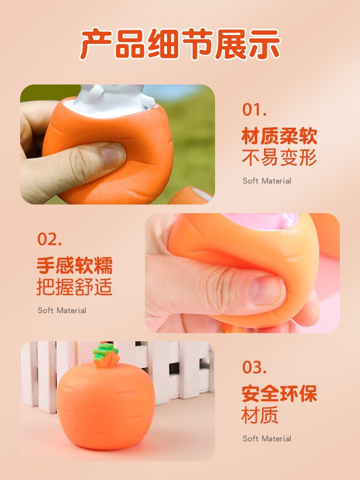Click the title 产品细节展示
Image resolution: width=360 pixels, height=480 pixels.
point(180,44)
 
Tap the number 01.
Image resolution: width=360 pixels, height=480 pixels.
point(254,110)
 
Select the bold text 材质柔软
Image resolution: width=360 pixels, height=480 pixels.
point(279,136)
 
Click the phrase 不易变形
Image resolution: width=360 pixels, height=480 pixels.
point(279,158)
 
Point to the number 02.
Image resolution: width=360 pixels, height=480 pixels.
point(49,239)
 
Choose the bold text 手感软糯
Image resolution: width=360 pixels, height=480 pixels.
point(75,265)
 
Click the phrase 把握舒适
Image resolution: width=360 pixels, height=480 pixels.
point(74,287)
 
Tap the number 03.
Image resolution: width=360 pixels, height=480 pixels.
point(254,367)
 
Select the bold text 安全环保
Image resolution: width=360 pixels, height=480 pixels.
point(279,394)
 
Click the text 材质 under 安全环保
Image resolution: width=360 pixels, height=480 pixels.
point(260,415)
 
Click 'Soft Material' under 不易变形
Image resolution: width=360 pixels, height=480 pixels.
point(266,181)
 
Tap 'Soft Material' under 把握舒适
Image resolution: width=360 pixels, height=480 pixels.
point(62,311)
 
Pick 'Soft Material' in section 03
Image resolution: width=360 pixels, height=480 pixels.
point(266,439)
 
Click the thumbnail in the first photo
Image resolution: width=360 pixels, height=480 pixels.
point(114,155)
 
